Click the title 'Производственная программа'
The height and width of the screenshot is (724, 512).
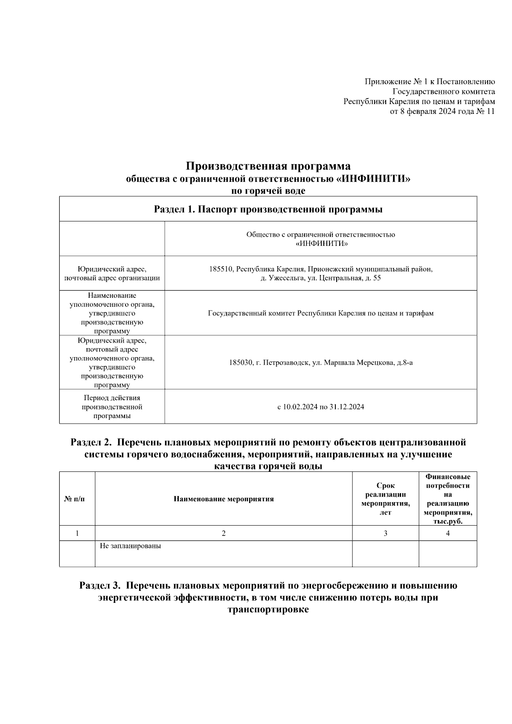(x=268, y=166)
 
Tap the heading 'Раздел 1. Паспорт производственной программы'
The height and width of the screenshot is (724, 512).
(x=268, y=209)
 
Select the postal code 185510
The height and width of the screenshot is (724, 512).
(x=221, y=270)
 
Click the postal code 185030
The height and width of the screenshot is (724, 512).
(x=241, y=363)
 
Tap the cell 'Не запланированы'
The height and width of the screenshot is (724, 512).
(x=131, y=546)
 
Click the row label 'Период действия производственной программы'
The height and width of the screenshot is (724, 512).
(x=112, y=407)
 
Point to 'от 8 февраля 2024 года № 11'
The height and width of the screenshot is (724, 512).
(x=442, y=112)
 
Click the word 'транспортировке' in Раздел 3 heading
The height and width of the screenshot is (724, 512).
(x=268, y=610)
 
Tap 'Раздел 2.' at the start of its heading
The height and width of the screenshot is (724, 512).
(x=91, y=442)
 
